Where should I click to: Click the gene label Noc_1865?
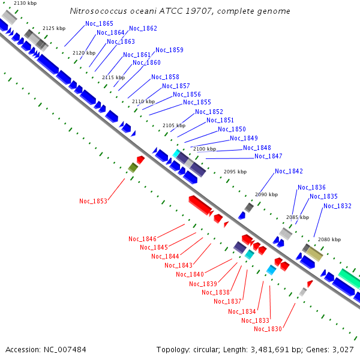[x=99, y=23]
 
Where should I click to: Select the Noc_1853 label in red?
[x=93, y=201]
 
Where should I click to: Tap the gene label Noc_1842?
[x=289, y=171]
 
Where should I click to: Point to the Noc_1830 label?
[x=268, y=328]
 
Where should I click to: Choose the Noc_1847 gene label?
[x=268, y=157]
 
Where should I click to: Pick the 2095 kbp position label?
[x=235, y=172]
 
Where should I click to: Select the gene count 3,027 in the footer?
[x=342, y=349]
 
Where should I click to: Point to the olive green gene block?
[x=133, y=168]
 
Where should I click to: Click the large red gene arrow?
[x=200, y=205]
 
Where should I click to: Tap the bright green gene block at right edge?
[x=349, y=278]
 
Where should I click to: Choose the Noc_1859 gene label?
[x=169, y=50]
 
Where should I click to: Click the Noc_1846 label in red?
[x=142, y=239]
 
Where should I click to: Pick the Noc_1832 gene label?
[x=337, y=206]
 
